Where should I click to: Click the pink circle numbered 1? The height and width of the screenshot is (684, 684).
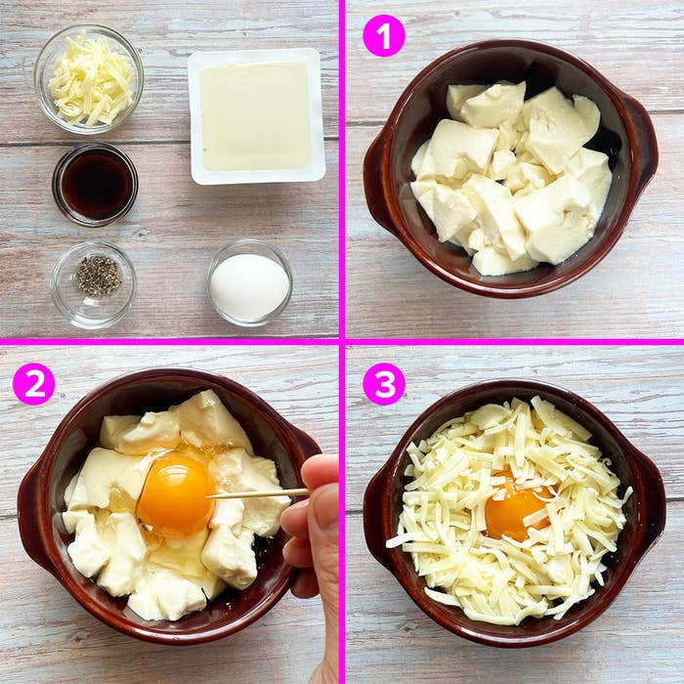coord(383,35)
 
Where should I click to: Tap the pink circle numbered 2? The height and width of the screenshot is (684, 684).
coord(33,384)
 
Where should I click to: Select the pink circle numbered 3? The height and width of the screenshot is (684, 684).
coord(383,384)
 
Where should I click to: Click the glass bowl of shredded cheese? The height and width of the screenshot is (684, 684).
coord(89,78)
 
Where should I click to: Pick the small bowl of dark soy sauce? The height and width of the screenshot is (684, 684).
coord(95,184)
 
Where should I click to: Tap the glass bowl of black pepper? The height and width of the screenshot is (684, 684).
coord(94,282)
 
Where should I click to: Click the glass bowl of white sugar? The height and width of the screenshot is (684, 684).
coord(249,284)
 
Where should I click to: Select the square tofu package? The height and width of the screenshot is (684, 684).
coord(256,115)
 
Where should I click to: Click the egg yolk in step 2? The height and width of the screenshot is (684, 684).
coord(176,494)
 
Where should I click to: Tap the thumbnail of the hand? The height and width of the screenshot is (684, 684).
coord(325,507)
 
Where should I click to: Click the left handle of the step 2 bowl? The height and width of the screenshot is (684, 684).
coord(31,513)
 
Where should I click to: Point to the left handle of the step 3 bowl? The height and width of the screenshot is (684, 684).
coord(377,508)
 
